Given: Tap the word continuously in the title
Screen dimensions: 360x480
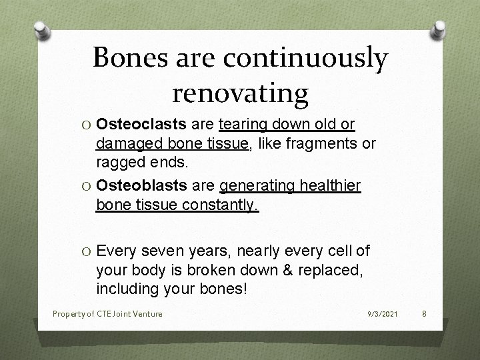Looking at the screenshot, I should tap(305, 59).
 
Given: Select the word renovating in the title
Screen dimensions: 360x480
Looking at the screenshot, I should tap(240, 93).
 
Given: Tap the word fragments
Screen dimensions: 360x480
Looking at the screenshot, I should tap(314, 143).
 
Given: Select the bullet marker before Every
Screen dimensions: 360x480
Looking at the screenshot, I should tap(85, 251).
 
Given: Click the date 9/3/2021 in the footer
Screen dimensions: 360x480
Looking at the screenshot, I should tap(383, 313).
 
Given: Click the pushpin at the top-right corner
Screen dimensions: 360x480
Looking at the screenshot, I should tap(441, 30).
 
